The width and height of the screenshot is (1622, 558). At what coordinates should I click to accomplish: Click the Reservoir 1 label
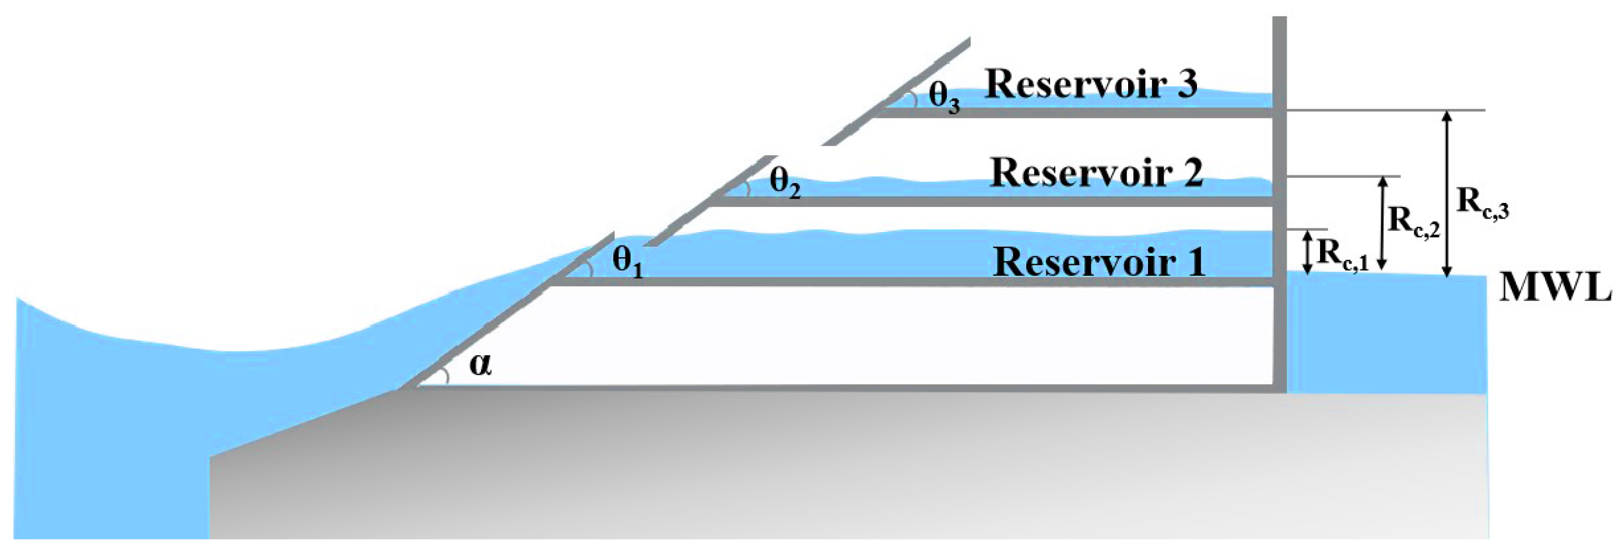(1099, 261)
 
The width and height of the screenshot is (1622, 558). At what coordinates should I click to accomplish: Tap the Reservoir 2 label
(1096, 172)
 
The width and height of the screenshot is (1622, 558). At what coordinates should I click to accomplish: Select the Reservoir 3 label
(1091, 83)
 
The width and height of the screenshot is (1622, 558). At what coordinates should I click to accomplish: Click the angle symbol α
(480, 364)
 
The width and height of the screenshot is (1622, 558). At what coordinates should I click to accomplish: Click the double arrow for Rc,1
(1307, 252)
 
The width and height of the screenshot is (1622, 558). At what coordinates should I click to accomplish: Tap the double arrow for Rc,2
(1383, 223)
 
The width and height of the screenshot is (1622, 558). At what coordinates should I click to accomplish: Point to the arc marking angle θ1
(589, 269)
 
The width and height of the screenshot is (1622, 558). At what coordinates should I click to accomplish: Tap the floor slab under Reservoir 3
(1070, 113)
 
